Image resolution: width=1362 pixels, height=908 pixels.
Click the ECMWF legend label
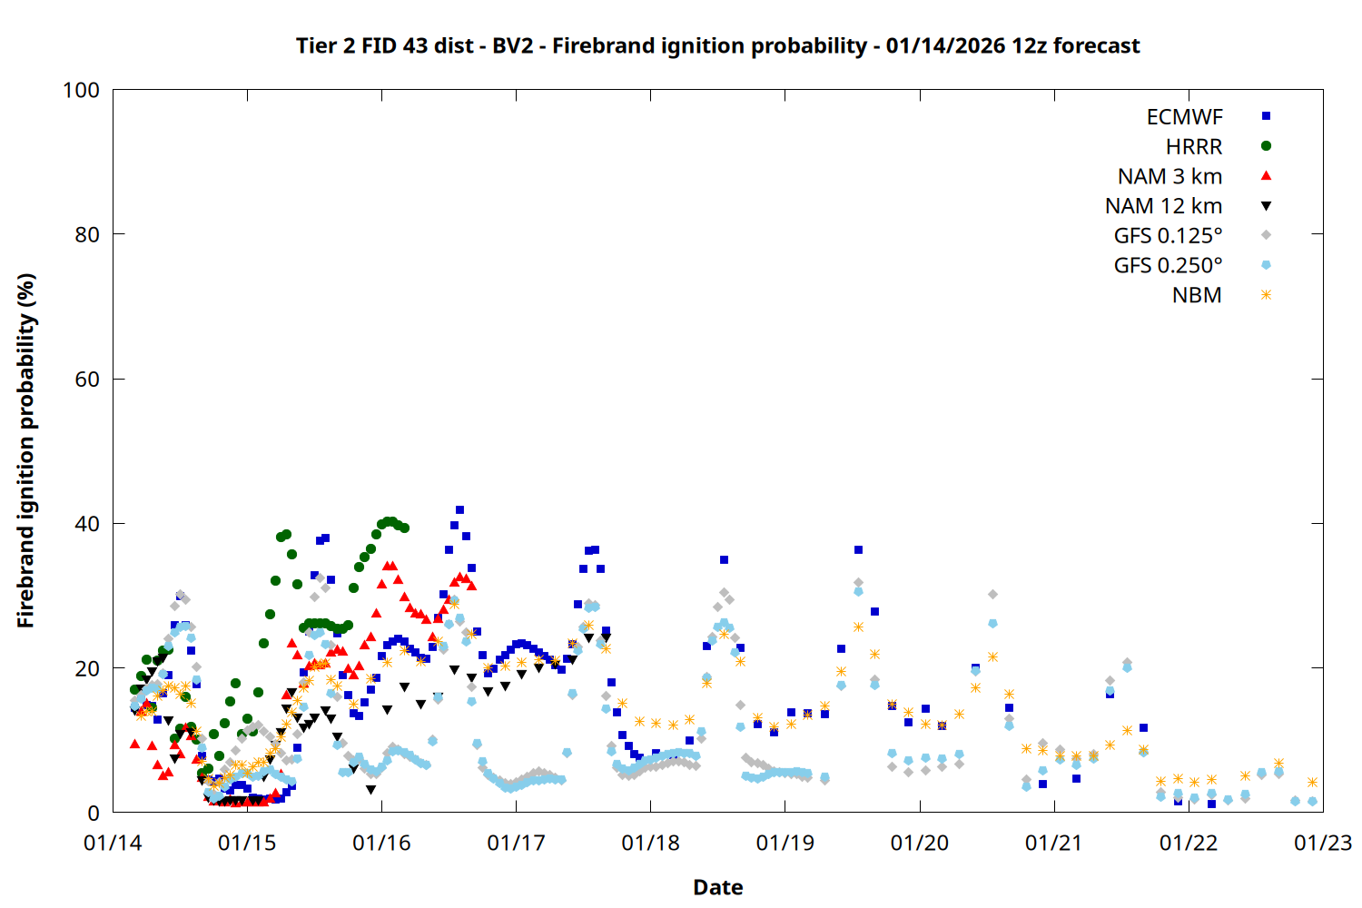tap(1184, 117)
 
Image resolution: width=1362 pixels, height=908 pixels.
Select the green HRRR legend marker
tap(1266, 146)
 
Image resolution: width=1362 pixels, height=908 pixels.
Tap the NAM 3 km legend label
tap(1170, 176)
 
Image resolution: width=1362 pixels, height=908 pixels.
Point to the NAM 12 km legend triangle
tap(1266, 206)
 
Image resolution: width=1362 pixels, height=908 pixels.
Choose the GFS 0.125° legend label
tap(1168, 236)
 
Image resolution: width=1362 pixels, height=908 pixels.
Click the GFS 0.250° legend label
tap(1168, 266)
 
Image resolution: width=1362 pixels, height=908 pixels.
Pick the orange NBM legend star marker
tap(1266, 295)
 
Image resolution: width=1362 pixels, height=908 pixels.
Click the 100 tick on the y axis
tap(81, 90)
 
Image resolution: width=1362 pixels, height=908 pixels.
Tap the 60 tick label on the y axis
tap(87, 380)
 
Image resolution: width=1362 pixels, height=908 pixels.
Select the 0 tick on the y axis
tap(94, 814)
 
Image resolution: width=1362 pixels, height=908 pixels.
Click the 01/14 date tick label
tap(113, 844)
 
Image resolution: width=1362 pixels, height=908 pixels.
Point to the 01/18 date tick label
tap(651, 844)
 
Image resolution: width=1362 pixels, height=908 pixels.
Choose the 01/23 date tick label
tap(1323, 844)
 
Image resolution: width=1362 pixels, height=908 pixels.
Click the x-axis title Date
tap(717, 887)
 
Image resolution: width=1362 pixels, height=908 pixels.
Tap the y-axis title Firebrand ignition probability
tap(26, 450)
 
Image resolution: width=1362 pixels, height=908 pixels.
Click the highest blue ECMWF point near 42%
tap(459, 510)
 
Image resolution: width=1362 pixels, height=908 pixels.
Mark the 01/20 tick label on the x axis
tap(920, 844)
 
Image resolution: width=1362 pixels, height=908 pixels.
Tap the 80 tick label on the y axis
tap(87, 234)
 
